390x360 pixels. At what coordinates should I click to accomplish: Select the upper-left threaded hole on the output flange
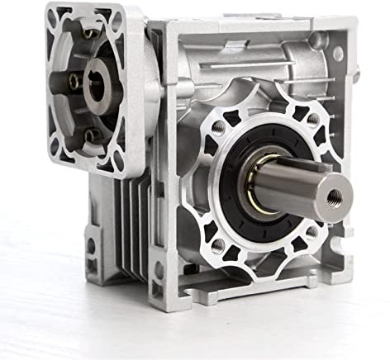click(x=217, y=127)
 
